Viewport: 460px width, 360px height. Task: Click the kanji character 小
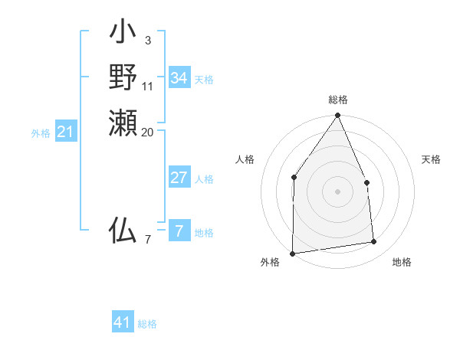[123, 35]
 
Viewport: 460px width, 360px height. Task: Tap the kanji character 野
[123, 77]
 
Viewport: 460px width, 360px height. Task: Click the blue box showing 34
[179, 78]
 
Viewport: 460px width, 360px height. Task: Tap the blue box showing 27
[179, 178]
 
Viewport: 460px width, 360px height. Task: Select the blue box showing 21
[66, 133]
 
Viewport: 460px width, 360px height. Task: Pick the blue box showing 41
[123, 322]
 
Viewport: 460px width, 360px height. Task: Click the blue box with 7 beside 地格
[179, 230]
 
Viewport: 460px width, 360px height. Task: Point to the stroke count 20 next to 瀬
[148, 132]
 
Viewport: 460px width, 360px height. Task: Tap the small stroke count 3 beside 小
[147, 40]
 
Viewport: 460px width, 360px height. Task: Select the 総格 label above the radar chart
[338, 100]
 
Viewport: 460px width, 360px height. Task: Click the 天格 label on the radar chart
[431, 159]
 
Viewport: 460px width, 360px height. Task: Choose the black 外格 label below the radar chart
[270, 263]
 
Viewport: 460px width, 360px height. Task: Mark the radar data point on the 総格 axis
[338, 116]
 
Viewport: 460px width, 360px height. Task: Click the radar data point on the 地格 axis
[374, 242]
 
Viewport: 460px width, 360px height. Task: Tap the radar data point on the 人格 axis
[294, 178]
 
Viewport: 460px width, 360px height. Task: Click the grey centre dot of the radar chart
[338, 191]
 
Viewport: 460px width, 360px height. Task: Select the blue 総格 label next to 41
[147, 324]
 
